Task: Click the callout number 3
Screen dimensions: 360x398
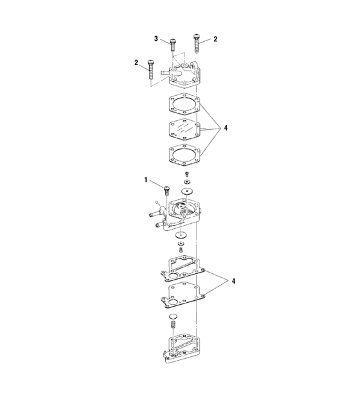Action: point(156,39)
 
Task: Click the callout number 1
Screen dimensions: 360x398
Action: point(146,179)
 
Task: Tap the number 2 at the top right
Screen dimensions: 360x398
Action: point(215,39)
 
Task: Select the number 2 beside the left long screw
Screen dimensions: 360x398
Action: point(136,62)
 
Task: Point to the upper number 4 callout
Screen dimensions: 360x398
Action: point(226,128)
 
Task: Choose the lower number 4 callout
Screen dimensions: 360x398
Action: point(233,281)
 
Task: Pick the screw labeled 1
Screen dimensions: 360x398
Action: point(166,190)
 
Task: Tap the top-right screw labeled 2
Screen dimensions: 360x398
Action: point(197,43)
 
